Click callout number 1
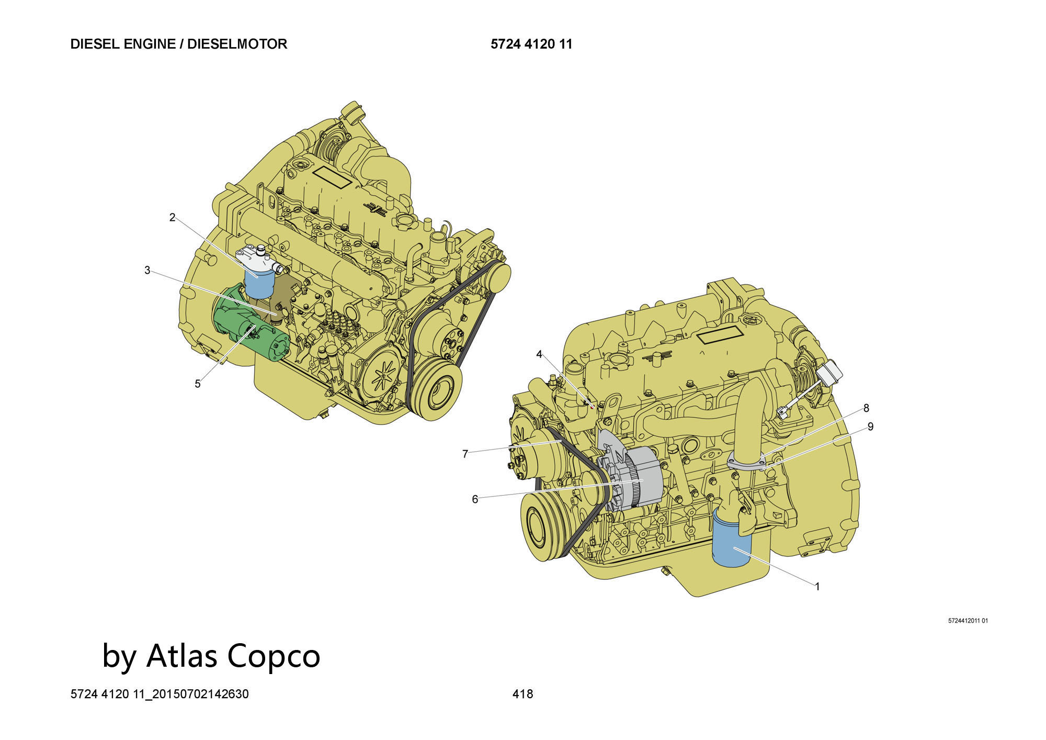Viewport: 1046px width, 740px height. pyautogui.click(x=817, y=587)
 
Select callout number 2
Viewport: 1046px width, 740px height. pyautogui.click(x=172, y=217)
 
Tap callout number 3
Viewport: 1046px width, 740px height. pyautogui.click(x=147, y=271)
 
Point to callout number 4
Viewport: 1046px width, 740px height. pyautogui.click(x=539, y=354)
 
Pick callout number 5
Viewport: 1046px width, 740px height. pyautogui.click(x=197, y=384)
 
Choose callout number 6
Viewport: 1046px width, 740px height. pyautogui.click(x=475, y=499)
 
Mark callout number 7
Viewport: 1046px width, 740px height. pyautogui.click(x=465, y=454)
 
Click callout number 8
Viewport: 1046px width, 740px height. pyautogui.click(x=867, y=408)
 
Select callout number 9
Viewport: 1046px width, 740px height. pyautogui.click(x=870, y=427)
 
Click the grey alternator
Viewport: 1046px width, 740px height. pyautogui.click(x=641, y=479)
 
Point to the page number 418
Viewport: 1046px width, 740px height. pyautogui.click(x=522, y=694)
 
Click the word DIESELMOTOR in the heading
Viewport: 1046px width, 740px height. pyautogui.click(x=237, y=44)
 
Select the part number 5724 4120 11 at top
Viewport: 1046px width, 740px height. pyautogui.click(x=531, y=44)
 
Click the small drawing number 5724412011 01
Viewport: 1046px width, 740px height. pyautogui.click(x=968, y=621)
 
